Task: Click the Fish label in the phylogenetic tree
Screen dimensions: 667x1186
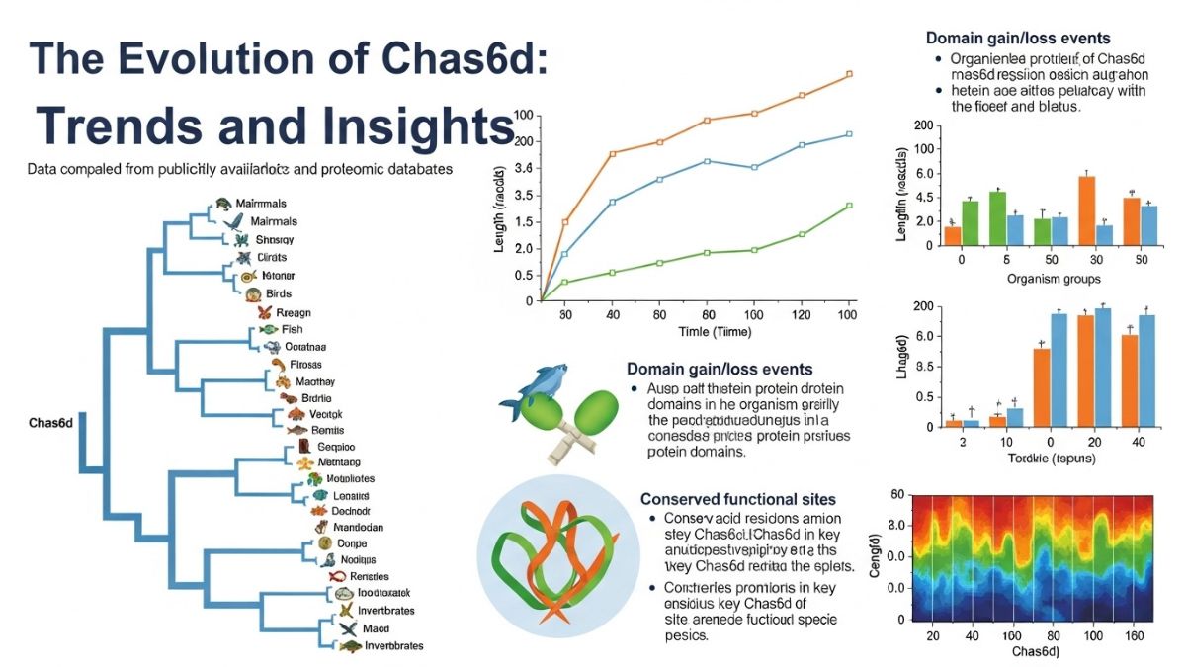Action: click(x=293, y=329)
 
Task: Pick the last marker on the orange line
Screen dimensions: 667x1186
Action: click(x=849, y=74)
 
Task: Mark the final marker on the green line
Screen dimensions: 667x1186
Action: click(x=849, y=206)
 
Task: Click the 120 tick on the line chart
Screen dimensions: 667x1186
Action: click(x=802, y=314)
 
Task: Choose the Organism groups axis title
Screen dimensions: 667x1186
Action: click(x=1054, y=279)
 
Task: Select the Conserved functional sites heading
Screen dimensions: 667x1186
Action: click(x=738, y=499)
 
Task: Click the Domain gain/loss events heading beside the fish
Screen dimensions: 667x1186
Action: click(x=720, y=369)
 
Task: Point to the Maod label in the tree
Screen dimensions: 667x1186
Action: click(x=376, y=627)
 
